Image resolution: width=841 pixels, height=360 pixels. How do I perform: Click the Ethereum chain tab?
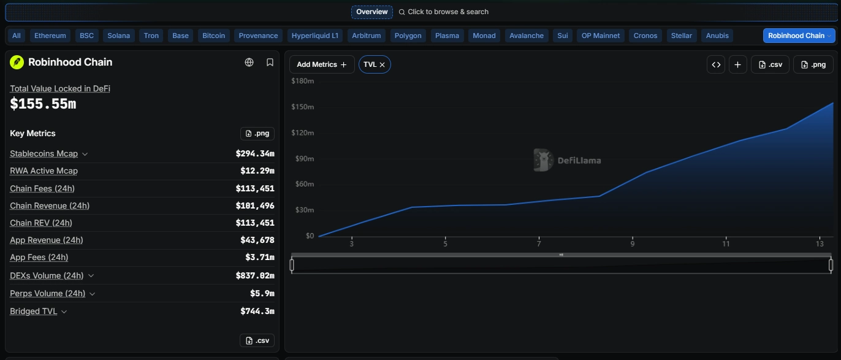(x=50, y=36)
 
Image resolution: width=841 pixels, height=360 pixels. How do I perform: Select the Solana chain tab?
(x=119, y=36)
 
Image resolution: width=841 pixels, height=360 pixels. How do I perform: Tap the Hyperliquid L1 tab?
(x=314, y=36)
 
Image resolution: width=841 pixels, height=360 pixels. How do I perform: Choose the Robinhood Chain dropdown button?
(x=799, y=36)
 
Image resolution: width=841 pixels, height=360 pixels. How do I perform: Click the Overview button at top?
(x=371, y=12)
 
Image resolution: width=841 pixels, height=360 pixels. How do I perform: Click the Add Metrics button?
(x=322, y=64)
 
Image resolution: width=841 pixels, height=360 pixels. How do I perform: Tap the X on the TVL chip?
(x=382, y=64)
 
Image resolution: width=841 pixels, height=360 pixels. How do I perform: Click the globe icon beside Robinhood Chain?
(x=249, y=63)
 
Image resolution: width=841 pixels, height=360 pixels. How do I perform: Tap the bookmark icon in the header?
(x=270, y=63)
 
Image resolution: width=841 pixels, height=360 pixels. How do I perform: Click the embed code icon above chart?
(x=716, y=64)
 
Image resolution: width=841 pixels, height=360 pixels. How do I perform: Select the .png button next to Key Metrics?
(x=257, y=134)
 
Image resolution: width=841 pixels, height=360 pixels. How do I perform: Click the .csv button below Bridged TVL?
(x=257, y=340)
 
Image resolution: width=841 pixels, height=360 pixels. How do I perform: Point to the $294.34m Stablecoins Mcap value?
(x=255, y=154)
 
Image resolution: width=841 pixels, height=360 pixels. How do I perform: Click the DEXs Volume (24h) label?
(x=47, y=275)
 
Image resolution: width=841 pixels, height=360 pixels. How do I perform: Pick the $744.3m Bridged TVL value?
(x=257, y=311)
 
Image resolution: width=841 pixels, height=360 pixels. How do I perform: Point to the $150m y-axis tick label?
(x=303, y=107)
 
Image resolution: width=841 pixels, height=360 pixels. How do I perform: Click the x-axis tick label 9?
(x=632, y=244)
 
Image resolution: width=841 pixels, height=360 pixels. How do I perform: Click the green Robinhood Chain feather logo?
(x=17, y=63)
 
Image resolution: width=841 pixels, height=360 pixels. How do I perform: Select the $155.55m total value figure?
(x=43, y=104)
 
